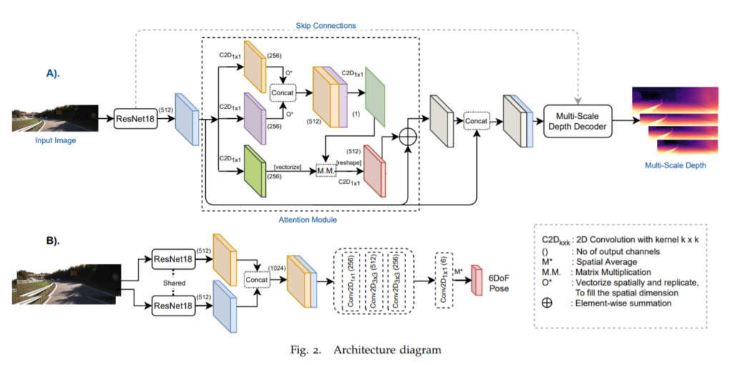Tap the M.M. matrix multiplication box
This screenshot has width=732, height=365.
326,169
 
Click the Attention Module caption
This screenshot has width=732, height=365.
308,219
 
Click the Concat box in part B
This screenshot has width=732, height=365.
259,279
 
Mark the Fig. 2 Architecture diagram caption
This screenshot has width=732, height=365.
365,350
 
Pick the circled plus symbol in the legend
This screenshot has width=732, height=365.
547,302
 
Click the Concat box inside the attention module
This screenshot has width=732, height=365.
282,92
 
